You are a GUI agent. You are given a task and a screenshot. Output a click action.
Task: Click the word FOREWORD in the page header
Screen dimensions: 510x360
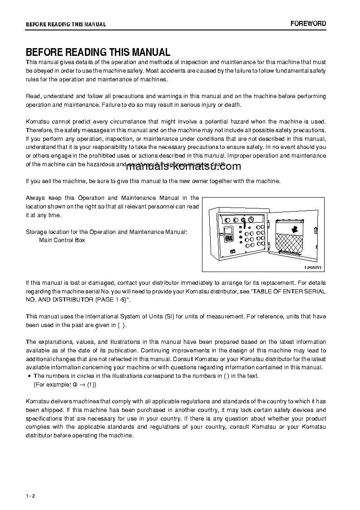tap(308, 24)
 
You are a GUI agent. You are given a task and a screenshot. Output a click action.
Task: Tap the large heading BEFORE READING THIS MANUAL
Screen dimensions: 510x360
tap(98, 52)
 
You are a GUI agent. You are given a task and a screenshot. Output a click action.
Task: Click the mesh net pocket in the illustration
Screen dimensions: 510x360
tap(291, 245)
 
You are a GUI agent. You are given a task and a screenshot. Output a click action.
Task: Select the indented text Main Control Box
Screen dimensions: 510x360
tap(62, 240)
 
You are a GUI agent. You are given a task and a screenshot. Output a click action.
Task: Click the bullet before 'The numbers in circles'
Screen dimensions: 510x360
tap(29, 376)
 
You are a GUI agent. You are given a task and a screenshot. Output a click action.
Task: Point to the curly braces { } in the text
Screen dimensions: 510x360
tap(122, 325)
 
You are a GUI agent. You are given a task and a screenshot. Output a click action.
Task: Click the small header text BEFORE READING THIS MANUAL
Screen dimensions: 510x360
tap(66, 25)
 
